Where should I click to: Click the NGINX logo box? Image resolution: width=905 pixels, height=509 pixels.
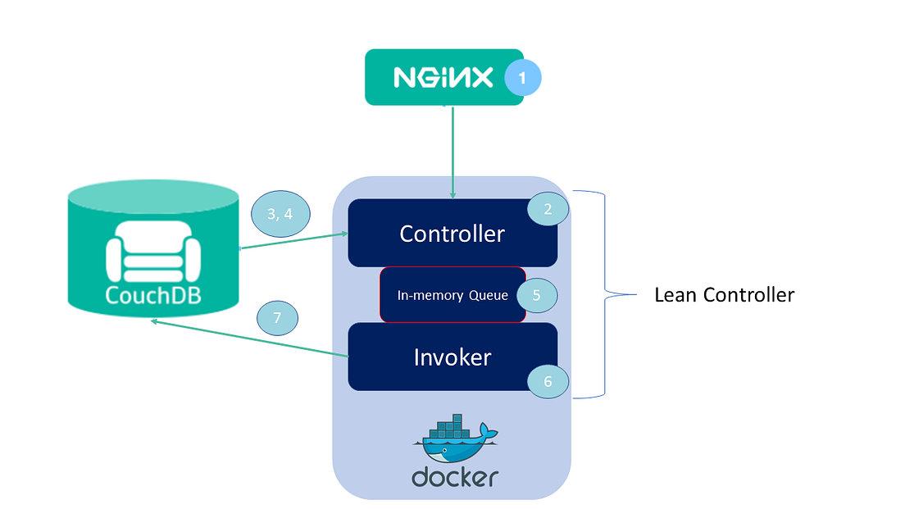point(444,77)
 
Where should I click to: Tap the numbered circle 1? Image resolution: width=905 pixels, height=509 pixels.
point(523,77)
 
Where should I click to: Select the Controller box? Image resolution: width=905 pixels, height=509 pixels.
point(452,233)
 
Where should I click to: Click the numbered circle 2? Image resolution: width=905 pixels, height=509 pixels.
point(548,209)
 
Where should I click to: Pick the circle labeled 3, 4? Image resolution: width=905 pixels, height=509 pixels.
point(280,214)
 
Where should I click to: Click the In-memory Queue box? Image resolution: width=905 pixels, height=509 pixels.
point(452,295)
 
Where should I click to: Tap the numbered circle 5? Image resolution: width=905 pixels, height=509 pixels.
point(537,295)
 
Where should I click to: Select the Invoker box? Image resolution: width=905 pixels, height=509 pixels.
point(452,357)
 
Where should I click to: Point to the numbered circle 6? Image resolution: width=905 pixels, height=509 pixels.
point(548,381)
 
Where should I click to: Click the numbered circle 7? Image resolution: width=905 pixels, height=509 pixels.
point(278,318)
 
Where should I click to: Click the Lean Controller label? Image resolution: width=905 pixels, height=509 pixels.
point(725,295)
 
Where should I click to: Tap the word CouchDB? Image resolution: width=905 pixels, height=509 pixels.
point(153,295)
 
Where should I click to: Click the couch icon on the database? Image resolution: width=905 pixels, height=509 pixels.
point(153,252)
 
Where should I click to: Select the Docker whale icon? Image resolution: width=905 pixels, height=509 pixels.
point(456,439)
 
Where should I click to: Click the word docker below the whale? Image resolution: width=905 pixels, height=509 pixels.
point(455,477)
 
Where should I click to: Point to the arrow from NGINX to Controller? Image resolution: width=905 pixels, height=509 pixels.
point(453,152)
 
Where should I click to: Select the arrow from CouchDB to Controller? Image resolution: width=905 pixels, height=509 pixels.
point(293,241)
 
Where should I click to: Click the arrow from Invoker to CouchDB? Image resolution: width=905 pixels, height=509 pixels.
point(249,339)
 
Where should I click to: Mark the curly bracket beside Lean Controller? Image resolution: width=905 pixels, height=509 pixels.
point(605,294)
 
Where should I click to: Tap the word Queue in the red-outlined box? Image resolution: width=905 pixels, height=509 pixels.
point(489,295)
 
